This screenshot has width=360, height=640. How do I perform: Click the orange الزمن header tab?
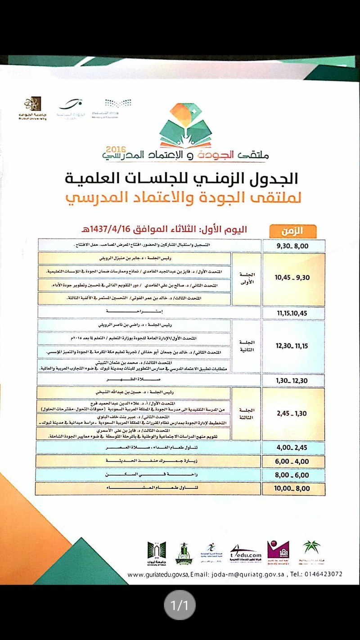click(292, 231)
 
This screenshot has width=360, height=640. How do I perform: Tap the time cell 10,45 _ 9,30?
click(292, 278)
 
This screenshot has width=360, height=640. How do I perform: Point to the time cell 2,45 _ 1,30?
click(292, 414)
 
